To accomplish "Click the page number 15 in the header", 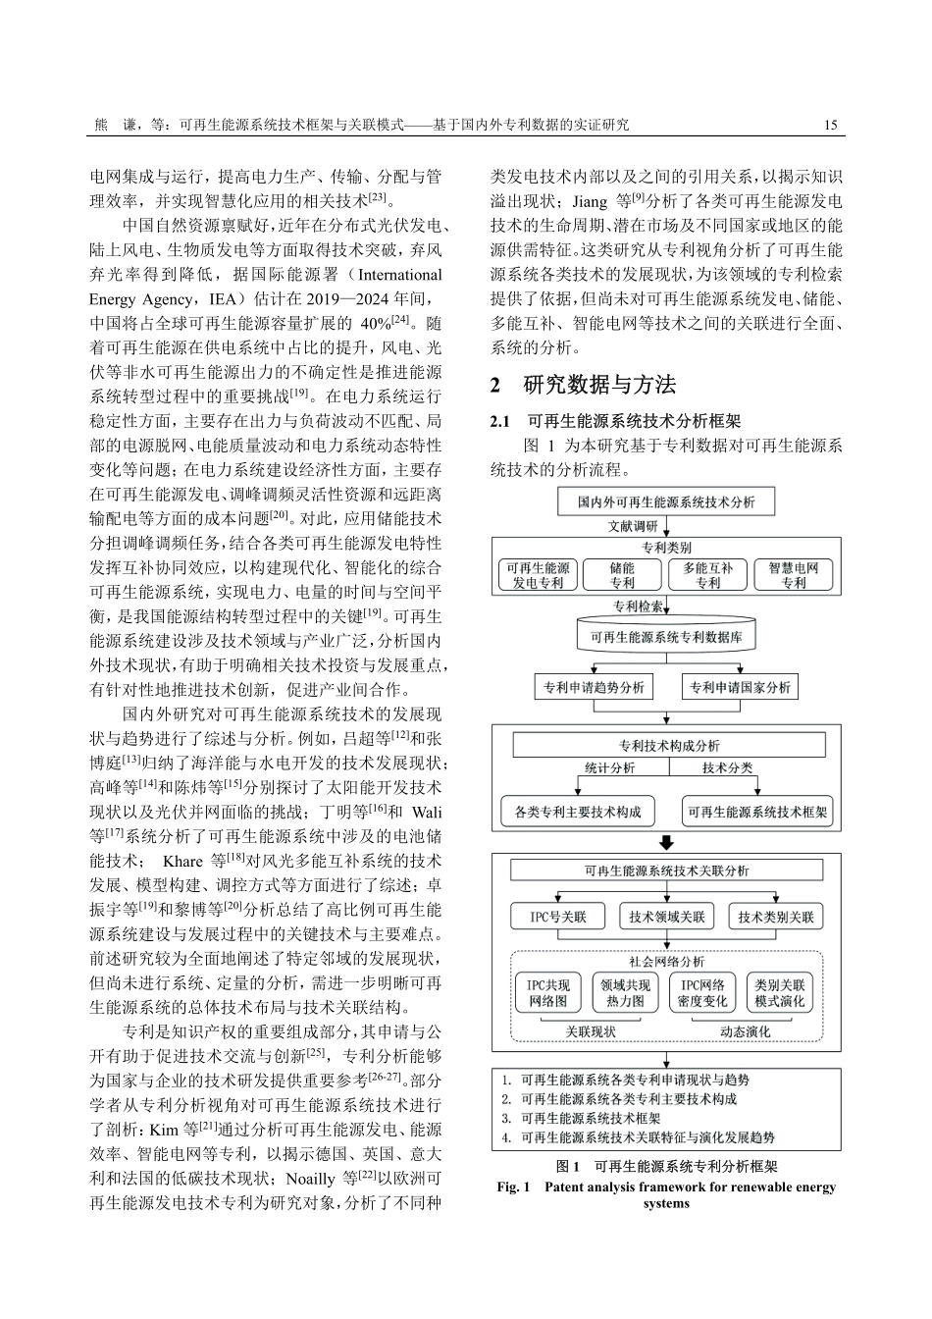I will click(831, 126).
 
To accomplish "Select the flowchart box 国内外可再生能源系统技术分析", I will click(666, 502).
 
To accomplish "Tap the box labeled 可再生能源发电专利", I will click(538, 575).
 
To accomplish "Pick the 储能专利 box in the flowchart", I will click(622, 575).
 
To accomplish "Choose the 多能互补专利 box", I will click(707, 575).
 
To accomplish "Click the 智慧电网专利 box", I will click(794, 575).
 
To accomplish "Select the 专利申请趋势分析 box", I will click(595, 687).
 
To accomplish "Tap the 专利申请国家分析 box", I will click(739, 687).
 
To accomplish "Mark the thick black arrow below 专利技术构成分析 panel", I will click(666, 843).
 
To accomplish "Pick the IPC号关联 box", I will click(558, 917).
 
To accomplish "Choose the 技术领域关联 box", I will click(667, 917).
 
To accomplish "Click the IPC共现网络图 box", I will click(547, 992).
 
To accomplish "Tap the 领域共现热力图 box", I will click(625, 992).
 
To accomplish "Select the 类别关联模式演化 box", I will click(780, 992).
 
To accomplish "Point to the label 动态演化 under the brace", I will click(745, 1031).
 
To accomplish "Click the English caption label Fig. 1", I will click(513, 1187).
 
